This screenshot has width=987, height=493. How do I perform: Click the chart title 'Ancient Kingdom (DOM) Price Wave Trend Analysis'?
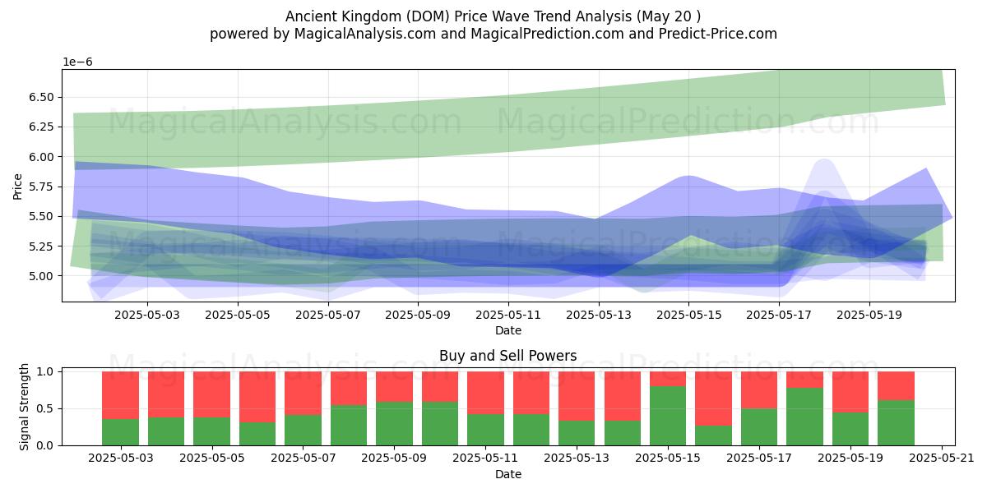pos(458,16)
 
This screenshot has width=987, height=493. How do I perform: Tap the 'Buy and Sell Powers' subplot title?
pos(508,355)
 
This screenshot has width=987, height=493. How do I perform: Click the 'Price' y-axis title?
pos(17,187)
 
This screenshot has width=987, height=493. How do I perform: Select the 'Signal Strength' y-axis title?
pos(24,407)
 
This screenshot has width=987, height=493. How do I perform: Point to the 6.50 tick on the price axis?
pos(41,97)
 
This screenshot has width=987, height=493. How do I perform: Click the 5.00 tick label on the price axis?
pos(41,276)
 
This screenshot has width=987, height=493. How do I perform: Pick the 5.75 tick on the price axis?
pos(41,187)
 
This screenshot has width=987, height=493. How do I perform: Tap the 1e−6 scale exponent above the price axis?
pos(77,62)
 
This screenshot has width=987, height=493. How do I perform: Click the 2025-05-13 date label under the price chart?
pos(599,316)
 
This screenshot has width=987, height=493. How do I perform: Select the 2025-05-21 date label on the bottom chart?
pos(942,458)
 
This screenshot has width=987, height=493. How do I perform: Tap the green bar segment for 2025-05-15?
pos(668,416)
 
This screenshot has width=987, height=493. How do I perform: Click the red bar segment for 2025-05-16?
pos(713,399)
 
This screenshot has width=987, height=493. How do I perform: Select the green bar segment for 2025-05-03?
pos(120,432)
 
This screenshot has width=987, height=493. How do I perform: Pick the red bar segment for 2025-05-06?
pos(257,397)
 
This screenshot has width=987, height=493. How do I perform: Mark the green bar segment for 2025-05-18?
pos(804,417)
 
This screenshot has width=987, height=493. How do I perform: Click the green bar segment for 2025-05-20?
pos(897,422)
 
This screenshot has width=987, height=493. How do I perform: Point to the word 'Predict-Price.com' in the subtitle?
pos(718,35)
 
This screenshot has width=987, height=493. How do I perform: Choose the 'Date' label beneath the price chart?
pos(508,330)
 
